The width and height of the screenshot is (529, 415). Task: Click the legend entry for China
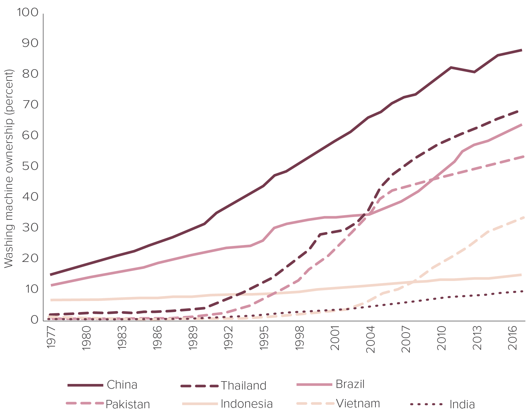pyautogui.click(x=122, y=385)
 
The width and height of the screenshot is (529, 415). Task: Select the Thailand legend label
pyautogui.click(x=243, y=385)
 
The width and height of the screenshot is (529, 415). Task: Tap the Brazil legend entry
pyautogui.click(x=350, y=384)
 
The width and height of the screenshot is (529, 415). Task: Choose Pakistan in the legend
pyautogui.click(x=127, y=404)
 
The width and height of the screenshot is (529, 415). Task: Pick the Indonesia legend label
pyautogui.click(x=246, y=404)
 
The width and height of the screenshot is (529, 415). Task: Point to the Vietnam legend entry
pyautogui.click(x=358, y=403)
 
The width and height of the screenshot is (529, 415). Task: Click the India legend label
pyautogui.click(x=462, y=405)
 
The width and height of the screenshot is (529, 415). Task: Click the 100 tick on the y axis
pyautogui.click(x=27, y=13)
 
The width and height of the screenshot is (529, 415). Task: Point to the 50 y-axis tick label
pyautogui.click(x=30, y=166)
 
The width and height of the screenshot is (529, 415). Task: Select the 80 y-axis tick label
pyautogui.click(x=30, y=74)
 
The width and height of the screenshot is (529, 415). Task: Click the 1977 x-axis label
pyautogui.click(x=52, y=338)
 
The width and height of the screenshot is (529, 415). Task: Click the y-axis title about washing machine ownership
pyautogui.click(x=9, y=168)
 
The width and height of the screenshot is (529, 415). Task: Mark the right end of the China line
pyautogui.click(x=521, y=50)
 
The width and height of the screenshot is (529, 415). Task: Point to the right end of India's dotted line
pyautogui.click(x=522, y=291)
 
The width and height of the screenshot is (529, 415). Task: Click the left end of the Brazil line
pyautogui.click(x=51, y=285)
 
